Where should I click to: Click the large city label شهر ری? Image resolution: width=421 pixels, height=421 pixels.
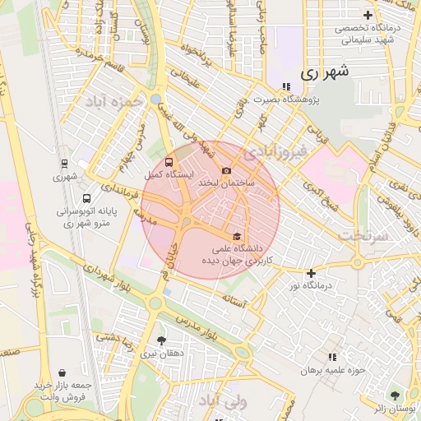[x=325, y=72]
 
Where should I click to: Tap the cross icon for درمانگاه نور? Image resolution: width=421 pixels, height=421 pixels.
[x=311, y=273]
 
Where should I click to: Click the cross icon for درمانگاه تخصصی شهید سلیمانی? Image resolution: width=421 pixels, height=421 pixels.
[x=368, y=16]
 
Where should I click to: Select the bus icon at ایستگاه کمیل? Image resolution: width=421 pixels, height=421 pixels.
[x=169, y=162]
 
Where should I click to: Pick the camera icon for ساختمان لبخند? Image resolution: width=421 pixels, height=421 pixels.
[x=226, y=170]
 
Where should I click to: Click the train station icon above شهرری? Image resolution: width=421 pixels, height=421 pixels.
[x=65, y=164]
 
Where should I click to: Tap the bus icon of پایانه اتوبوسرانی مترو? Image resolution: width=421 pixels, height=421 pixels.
[x=87, y=199]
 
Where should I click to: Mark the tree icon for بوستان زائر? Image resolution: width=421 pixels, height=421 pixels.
[x=396, y=396]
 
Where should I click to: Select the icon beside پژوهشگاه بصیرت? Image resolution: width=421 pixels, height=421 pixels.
[x=285, y=87]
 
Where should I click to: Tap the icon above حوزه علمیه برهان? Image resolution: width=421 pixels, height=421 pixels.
[x=332, y=357]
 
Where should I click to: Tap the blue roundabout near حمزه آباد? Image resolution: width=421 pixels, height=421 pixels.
[x=155, y=99]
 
